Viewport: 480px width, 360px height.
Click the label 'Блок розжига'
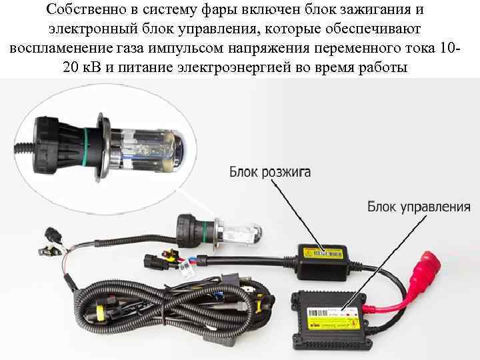(270, 173)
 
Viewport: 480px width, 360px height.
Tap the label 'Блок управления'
(419, 207)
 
